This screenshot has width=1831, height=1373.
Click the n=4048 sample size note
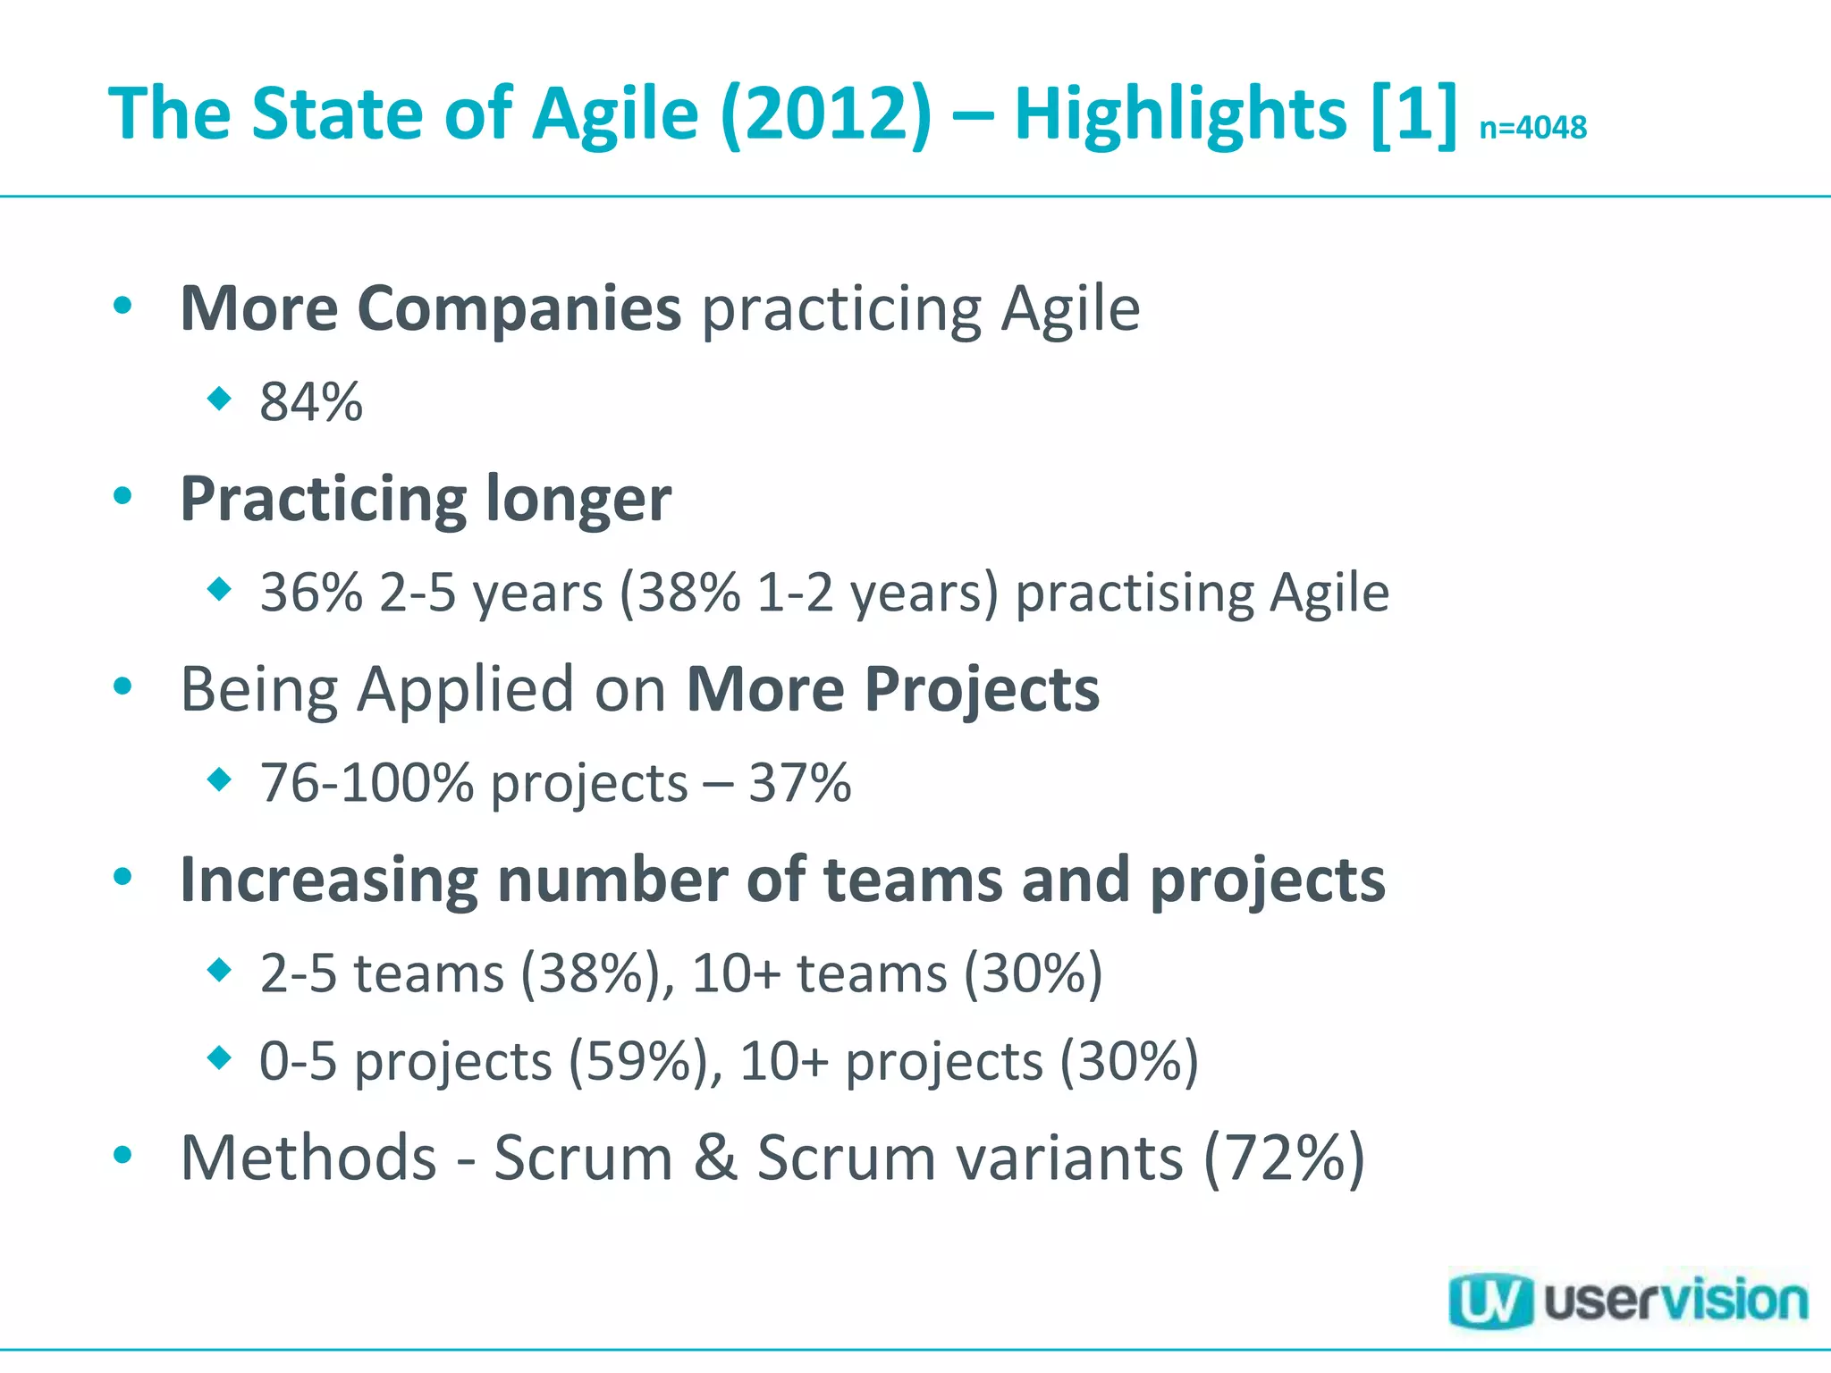click(x=1532, y=128)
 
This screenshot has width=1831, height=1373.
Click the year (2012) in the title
click(x=825, y=114)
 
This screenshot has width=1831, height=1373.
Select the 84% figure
click(x=311, y=401)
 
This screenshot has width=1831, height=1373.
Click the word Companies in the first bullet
click(x=519, y=308)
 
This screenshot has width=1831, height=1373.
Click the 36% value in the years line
click(x=311, y=592)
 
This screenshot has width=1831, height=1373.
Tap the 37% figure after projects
click(x=799, y=783)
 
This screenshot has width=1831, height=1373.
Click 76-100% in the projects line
click(x=367, y=783)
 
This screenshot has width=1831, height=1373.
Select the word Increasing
click(x=329, y=880)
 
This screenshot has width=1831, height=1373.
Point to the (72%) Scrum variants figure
click(x=1284, y=1158)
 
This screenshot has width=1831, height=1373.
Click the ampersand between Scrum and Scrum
click(x=715, y=1158)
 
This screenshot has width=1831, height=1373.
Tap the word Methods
click(x=308, y=1158)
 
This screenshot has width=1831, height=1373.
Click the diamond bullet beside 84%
click(x=219, y=398)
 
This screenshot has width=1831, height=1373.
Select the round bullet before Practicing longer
click(x=123, y=496)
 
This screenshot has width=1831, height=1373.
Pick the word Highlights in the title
click(x=1180, y=114)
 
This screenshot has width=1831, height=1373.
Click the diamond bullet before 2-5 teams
click(x=219, y=970)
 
